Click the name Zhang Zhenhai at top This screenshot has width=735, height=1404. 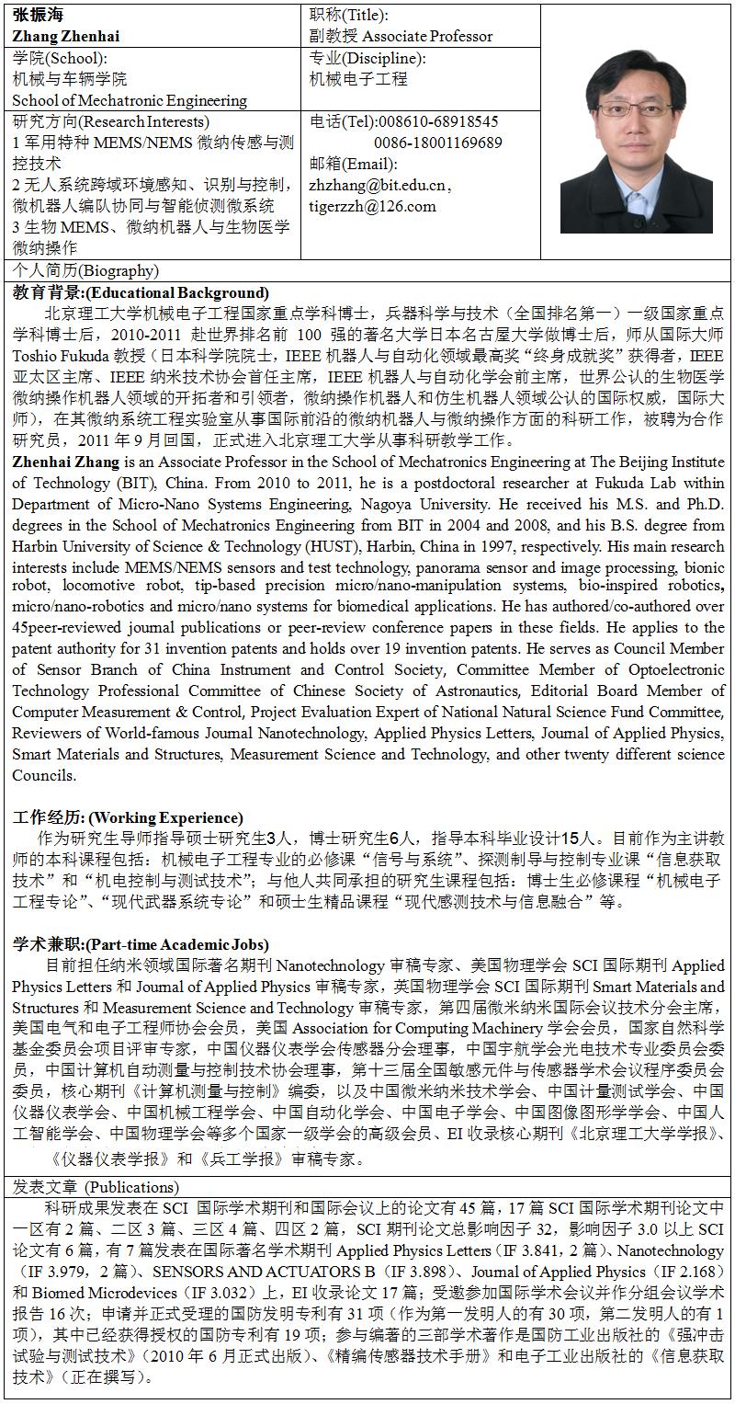(x=66, y=37)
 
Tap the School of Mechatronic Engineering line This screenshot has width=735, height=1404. (x=130, y=100)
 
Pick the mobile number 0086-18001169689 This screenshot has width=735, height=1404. (x=438, y=143)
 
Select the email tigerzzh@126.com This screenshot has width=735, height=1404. (x=373, y=206)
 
